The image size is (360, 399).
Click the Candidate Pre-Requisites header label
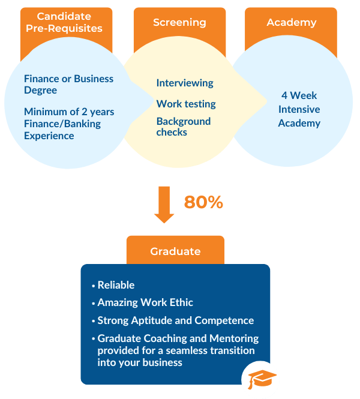pyautogui.click(x=64, y=22)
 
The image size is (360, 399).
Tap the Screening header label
pyautogui.click(x=179, y=22)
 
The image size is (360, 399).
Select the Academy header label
pyautogui.click(x=292, y=22)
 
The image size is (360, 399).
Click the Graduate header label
pyautogui.click(x=175, y=251)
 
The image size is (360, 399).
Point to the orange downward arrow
pyautogui.click(x=164, y=205)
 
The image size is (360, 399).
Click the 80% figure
pyautogui.click(x=203, y=202)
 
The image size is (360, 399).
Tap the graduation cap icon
pyautogui.click(x=262, y=379)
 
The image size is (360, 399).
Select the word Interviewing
pyautogui.click(x=185, y=83)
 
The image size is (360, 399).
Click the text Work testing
pyautogui.click(x=186, y=104)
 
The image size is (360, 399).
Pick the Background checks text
pyautogui.click(x=184, y=127)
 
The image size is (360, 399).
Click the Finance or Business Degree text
pyautogui.click(x=68, y=85)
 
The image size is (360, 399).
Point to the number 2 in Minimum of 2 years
pyautogui.click(x=85, y=112)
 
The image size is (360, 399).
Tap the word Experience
pyautogui.click(x=49, y=136)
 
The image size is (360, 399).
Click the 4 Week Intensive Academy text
pyautogui.click(x=299, y=109)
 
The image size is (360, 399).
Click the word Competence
pyautogui.click(x=224, y=320)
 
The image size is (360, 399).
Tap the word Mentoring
pyautogui.click(x=234, y=338)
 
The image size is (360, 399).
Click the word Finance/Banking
pyautogui.click(x=62, y=124)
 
